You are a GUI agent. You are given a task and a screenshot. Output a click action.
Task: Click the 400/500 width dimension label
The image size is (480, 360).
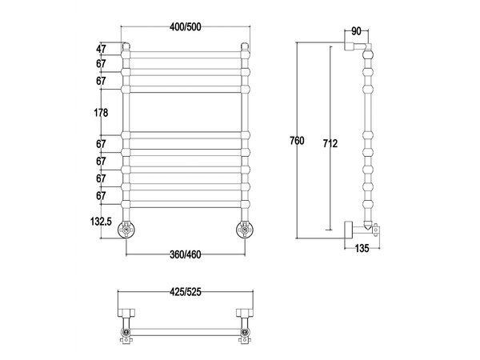click(186, 27)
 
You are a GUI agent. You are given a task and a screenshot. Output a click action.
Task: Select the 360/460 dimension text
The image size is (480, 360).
click(186, 254)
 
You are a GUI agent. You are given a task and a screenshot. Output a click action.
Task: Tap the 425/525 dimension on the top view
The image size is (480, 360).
click(186, 292)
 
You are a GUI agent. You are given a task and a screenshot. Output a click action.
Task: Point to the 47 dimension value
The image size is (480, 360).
click(101, 49)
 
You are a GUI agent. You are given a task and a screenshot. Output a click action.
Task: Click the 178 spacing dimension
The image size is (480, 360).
click(101, 113)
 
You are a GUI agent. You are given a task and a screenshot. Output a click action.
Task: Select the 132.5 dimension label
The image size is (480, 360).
click(101, 221)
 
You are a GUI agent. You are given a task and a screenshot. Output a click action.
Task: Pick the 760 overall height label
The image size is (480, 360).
click(297, 141)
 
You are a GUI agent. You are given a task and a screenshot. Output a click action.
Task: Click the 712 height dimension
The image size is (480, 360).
click(330, 143)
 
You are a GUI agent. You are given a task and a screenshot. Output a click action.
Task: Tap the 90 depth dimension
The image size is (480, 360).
click(356, 31)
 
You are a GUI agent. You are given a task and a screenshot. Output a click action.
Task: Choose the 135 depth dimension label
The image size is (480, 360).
click(362, 248)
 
